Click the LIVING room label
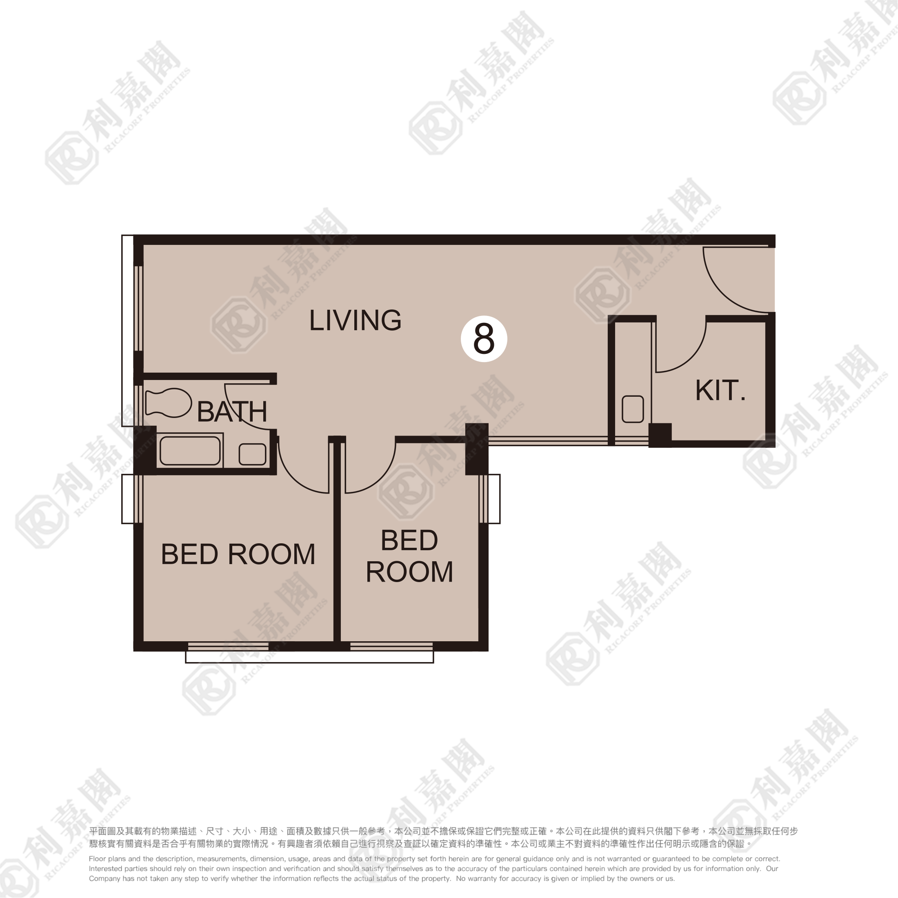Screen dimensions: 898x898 (355, 320)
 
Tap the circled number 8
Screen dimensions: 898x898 (484, 339)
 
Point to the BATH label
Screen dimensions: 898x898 (232, 411)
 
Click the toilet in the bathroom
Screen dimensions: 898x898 (168, 402)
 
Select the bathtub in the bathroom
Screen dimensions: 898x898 (190, 450)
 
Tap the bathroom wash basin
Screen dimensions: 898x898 (252, 454)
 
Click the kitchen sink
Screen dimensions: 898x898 (633, 409)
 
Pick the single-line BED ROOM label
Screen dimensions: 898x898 (238, 554)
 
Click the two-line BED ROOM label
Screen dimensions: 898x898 (409, 556)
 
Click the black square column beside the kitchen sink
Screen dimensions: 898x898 (660, 435)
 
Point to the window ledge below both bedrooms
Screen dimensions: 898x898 (309, 656)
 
